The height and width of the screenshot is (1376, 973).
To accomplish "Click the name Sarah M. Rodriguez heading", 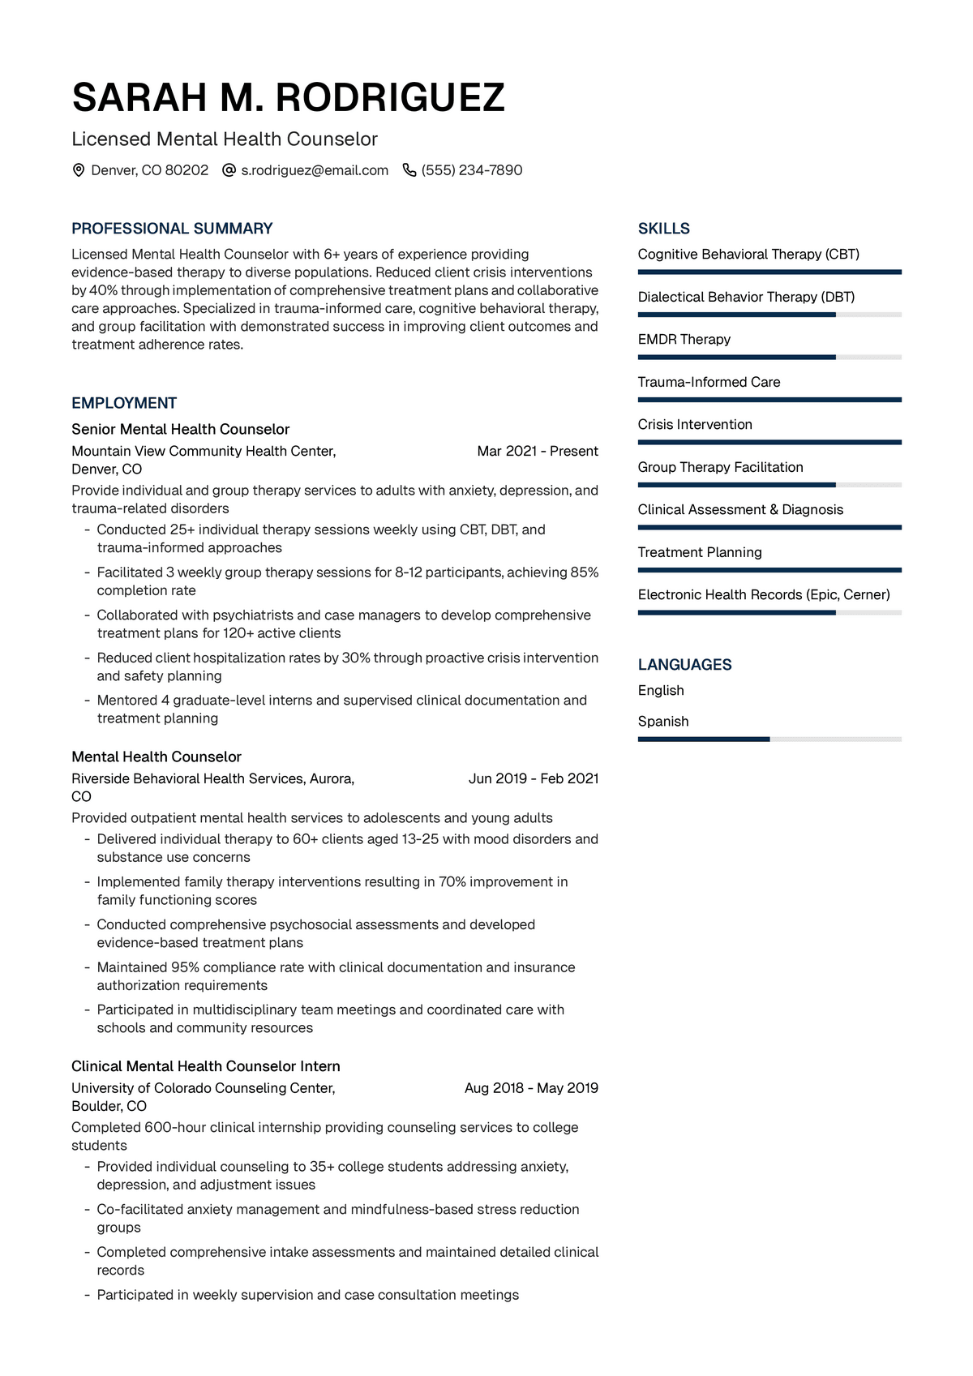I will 288,98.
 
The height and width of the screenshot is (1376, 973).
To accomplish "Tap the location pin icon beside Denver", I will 79,170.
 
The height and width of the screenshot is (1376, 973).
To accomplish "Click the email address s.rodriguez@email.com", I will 315,170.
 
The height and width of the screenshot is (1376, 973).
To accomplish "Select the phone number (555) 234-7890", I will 472,170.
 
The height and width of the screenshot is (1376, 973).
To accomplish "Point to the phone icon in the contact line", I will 409,170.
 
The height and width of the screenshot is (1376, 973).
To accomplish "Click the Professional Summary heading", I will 172,229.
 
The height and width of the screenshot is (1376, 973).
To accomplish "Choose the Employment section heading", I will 124,403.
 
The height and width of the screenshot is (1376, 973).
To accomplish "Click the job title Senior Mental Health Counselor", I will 180,429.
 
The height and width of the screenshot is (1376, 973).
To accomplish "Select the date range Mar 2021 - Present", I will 538,451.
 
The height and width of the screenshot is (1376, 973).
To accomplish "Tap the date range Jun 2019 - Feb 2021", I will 534,778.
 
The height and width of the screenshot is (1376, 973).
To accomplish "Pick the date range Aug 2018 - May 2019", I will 531,1088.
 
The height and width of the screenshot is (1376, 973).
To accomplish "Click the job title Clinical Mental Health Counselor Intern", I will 206,1066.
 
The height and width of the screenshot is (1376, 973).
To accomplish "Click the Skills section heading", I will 664,229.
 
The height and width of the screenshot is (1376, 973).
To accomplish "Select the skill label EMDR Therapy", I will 684,339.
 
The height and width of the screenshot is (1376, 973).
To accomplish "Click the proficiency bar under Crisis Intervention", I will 769,442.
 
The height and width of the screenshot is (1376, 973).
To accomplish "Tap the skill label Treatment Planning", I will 700,552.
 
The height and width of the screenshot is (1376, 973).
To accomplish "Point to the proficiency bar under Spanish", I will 769,739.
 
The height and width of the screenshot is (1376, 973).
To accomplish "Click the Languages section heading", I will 685,665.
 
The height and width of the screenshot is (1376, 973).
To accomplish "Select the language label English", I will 661,690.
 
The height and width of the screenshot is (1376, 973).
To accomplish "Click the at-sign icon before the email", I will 229,170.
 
